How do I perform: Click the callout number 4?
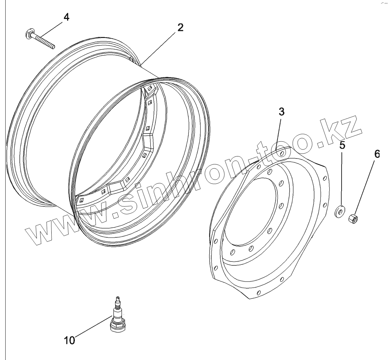66,17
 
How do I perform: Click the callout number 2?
180,27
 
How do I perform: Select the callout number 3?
282,112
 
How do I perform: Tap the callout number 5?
342,145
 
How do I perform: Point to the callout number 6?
377,154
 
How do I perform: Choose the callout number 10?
70,340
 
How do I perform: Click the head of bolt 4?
29,34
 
